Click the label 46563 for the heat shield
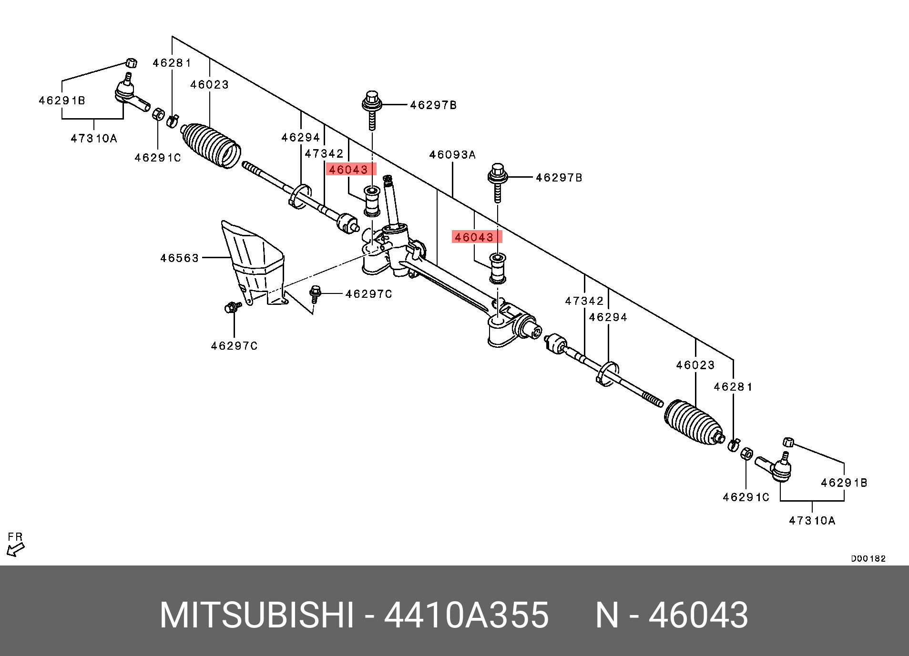pos(179,258)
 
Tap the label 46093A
pos(452,155)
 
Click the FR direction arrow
pos(15,549)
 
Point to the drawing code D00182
pos(868,559)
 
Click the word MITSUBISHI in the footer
pos(257,616)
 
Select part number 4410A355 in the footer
pos(466,616)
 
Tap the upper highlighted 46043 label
pos(351,170)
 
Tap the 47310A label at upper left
pos(94,139)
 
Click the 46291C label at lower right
pos(746,497)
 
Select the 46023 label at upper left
pos(209,85)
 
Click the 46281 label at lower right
pos(733,387)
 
